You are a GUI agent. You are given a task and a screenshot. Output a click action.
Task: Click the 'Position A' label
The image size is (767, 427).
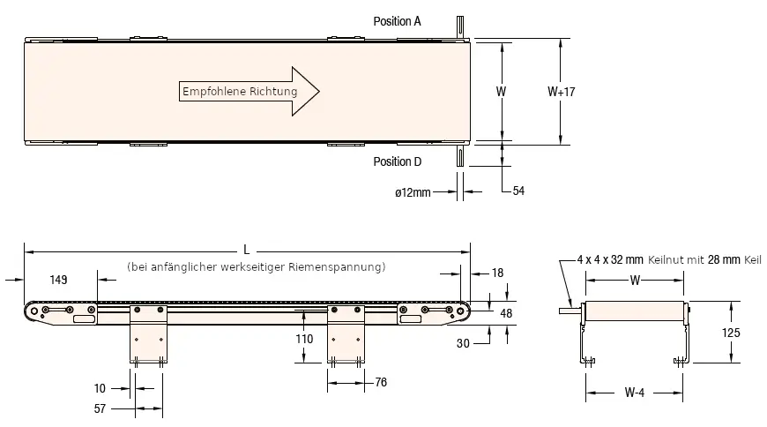397,20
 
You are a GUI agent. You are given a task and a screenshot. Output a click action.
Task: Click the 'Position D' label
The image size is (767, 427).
397,161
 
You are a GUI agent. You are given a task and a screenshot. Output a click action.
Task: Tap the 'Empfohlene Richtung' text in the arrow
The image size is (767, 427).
239,92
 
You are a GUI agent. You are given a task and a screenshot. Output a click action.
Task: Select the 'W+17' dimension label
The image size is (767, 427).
561,91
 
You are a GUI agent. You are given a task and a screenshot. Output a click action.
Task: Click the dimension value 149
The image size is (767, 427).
59,280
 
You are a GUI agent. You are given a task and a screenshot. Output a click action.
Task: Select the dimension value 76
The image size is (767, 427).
380,382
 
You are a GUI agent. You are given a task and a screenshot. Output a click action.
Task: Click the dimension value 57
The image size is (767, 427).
100,409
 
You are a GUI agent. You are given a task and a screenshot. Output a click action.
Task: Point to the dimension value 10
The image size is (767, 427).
100,386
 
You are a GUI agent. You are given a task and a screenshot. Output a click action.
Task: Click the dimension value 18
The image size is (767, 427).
498,273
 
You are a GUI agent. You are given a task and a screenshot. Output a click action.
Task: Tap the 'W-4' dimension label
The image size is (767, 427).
635,393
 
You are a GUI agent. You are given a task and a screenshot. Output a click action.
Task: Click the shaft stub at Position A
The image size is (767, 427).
459,26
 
